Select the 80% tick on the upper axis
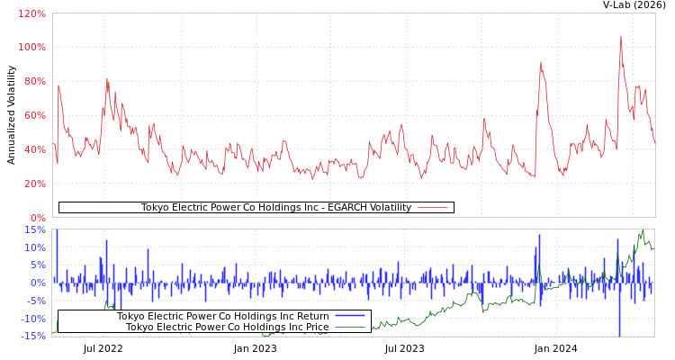tap(33, 81)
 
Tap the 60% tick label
tap(33, 115)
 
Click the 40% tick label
tap(33, 149)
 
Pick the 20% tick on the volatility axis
tap(33, 184)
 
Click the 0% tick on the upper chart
tap(37, 218)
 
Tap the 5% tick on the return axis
tap(37, 265)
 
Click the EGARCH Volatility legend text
tap(275, 208)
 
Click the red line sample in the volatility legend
tap(433, 208)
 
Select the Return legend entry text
tap(222, 316)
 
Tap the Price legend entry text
tap(227, 327)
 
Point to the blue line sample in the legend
tap(350, 316)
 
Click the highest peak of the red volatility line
tap(620, 36)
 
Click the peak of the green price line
tap(643, 230)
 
